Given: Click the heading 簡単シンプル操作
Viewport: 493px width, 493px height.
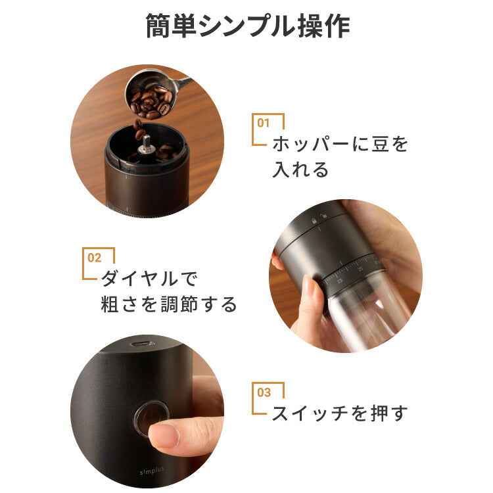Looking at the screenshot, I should coord(246,27).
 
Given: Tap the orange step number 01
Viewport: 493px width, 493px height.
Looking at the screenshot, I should coord(264,122).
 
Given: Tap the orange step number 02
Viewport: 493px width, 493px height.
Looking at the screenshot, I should coord(94,257).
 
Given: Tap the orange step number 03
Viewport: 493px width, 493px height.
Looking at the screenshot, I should coord(264,392).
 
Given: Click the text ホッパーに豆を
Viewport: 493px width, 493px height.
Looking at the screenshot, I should coord(340,145).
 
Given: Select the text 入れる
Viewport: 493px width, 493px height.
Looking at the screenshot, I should coord(300,170).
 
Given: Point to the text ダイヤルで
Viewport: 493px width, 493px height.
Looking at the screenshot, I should coord(148,279).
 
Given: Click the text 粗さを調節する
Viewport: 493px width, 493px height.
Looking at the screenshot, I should coord(169,305).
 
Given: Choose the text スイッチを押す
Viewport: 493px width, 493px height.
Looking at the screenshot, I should coord(340,413).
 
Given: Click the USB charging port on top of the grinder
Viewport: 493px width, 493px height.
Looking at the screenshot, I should coord(142,344).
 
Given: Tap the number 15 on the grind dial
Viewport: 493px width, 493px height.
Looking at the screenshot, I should coord(340,279).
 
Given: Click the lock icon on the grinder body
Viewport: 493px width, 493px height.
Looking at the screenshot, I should coord(315,220).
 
